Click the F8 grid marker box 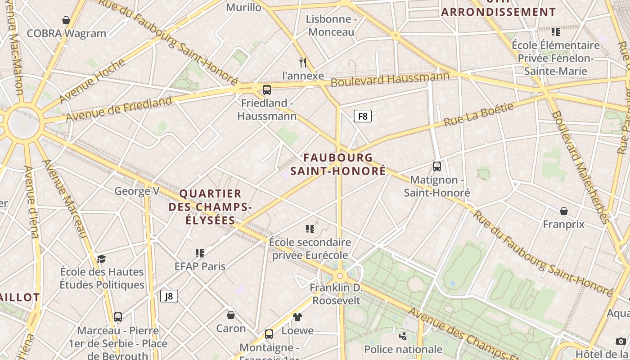point(362,117)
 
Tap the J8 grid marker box point(169,296)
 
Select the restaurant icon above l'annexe point(303,62)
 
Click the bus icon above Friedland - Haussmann point(267,90)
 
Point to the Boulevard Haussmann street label point(390,79)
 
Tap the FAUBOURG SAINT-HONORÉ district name point(338,164)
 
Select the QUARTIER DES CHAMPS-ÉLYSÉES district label point(210,207)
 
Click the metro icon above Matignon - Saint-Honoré point(436,166)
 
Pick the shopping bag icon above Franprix point(563,211)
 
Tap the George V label point(137,191)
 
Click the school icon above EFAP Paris point(200,253)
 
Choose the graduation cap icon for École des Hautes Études point(102,259)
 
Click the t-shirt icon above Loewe point(297,317)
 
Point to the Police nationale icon point(403,336)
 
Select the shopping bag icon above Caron point(231,315)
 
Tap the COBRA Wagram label point(67,33)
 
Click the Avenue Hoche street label point(92,80)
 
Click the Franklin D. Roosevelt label point(337,294)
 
